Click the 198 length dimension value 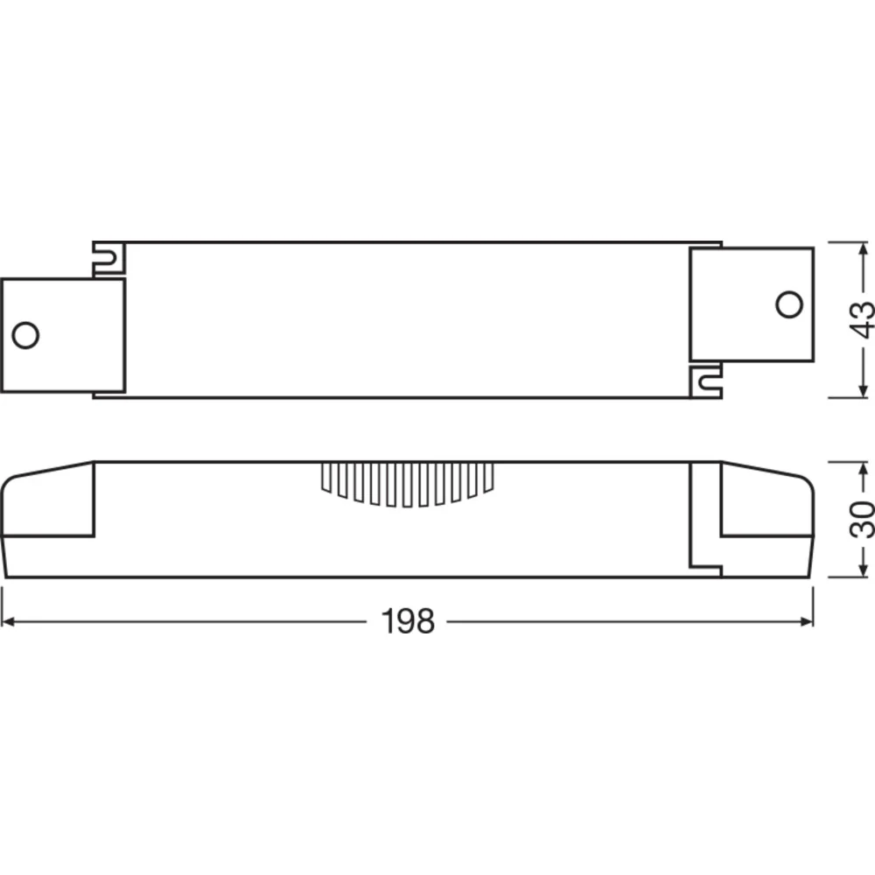tap(408, 621)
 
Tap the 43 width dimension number tap(861, 319)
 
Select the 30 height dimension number tap(861, 520)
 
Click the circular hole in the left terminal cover tap(25, 335)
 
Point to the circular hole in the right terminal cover tap(789, 304)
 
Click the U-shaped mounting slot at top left tap(108, 258)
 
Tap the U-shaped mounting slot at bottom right tap(706, 382)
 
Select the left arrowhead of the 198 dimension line tap(9, 621)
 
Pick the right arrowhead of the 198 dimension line tap(807, 621)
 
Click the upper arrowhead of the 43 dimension tap(863, 248)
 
